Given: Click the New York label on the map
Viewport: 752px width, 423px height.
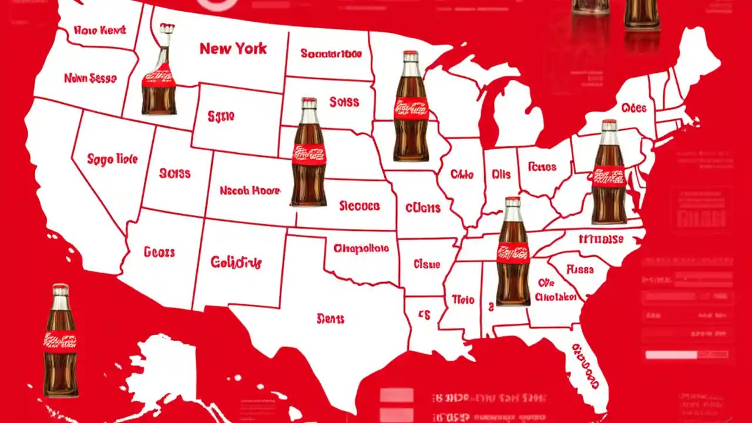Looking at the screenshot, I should [233, 48].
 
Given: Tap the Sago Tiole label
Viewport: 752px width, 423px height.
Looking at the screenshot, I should [112, 159].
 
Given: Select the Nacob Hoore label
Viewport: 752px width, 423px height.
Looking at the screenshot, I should [250, 191].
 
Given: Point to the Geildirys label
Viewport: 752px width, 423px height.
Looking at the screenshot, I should [236, 262].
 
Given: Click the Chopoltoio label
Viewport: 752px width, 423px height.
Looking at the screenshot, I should [361, 249].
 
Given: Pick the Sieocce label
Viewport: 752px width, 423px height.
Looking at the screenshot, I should [360, 206].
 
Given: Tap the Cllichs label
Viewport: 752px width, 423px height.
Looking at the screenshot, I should [422, 207].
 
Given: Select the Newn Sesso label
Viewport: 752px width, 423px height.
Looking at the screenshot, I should [90, 78].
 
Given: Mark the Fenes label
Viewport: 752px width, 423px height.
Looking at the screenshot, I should [542, 166].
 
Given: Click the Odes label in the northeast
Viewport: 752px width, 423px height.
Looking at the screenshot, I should [633, 108].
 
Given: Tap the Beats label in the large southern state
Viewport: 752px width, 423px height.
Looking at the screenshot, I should [330, 319].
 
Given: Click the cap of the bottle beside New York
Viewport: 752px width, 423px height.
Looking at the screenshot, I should [167, 28].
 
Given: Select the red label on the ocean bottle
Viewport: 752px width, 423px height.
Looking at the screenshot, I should [60, 340].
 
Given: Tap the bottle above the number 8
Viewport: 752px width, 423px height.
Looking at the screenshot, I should [513, 253].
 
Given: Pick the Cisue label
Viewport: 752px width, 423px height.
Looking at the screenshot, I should [427, 264].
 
